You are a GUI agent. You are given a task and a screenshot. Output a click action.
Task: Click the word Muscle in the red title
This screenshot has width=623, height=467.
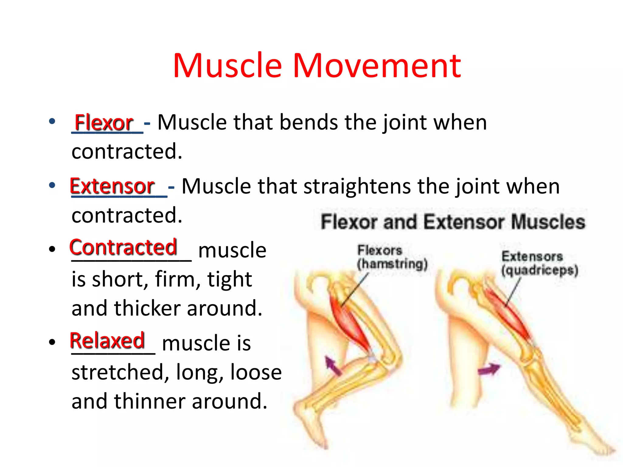click(x=228, y=66)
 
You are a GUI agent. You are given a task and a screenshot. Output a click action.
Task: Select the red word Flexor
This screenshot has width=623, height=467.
click(x=104, y=123)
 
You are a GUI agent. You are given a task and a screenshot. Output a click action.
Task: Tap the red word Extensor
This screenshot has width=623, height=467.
click(x=112, y=186)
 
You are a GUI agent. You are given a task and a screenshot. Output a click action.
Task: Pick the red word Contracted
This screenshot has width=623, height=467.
click(x=123, y=247)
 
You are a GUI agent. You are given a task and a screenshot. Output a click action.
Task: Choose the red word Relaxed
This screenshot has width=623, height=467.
click(x=107, y=341)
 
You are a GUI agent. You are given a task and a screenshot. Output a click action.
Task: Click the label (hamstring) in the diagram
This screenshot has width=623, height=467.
click(x=392, y=264)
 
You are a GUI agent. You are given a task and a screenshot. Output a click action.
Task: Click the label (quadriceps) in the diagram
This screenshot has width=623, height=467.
click(x=540, y=270)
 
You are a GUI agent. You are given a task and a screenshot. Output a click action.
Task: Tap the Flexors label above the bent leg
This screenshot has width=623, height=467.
click(x=380, y=251)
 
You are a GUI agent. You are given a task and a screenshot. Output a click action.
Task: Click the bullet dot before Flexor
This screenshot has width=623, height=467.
click(x=52, y=121)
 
